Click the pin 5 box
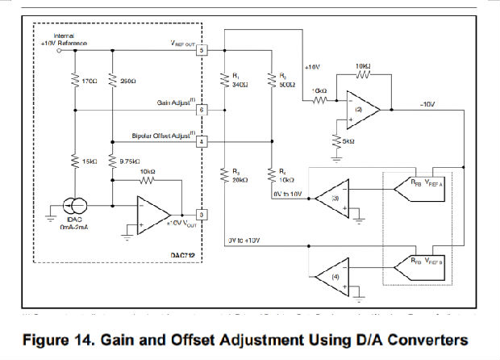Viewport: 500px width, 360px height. pos(202,50)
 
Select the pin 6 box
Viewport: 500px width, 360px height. pos(202,108)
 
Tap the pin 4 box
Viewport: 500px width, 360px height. pos(202,141)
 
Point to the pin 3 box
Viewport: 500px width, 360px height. pos(202,214)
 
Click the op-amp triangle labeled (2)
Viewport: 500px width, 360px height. pos(356,107)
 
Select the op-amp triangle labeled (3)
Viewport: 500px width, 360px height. pos(328,197)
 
